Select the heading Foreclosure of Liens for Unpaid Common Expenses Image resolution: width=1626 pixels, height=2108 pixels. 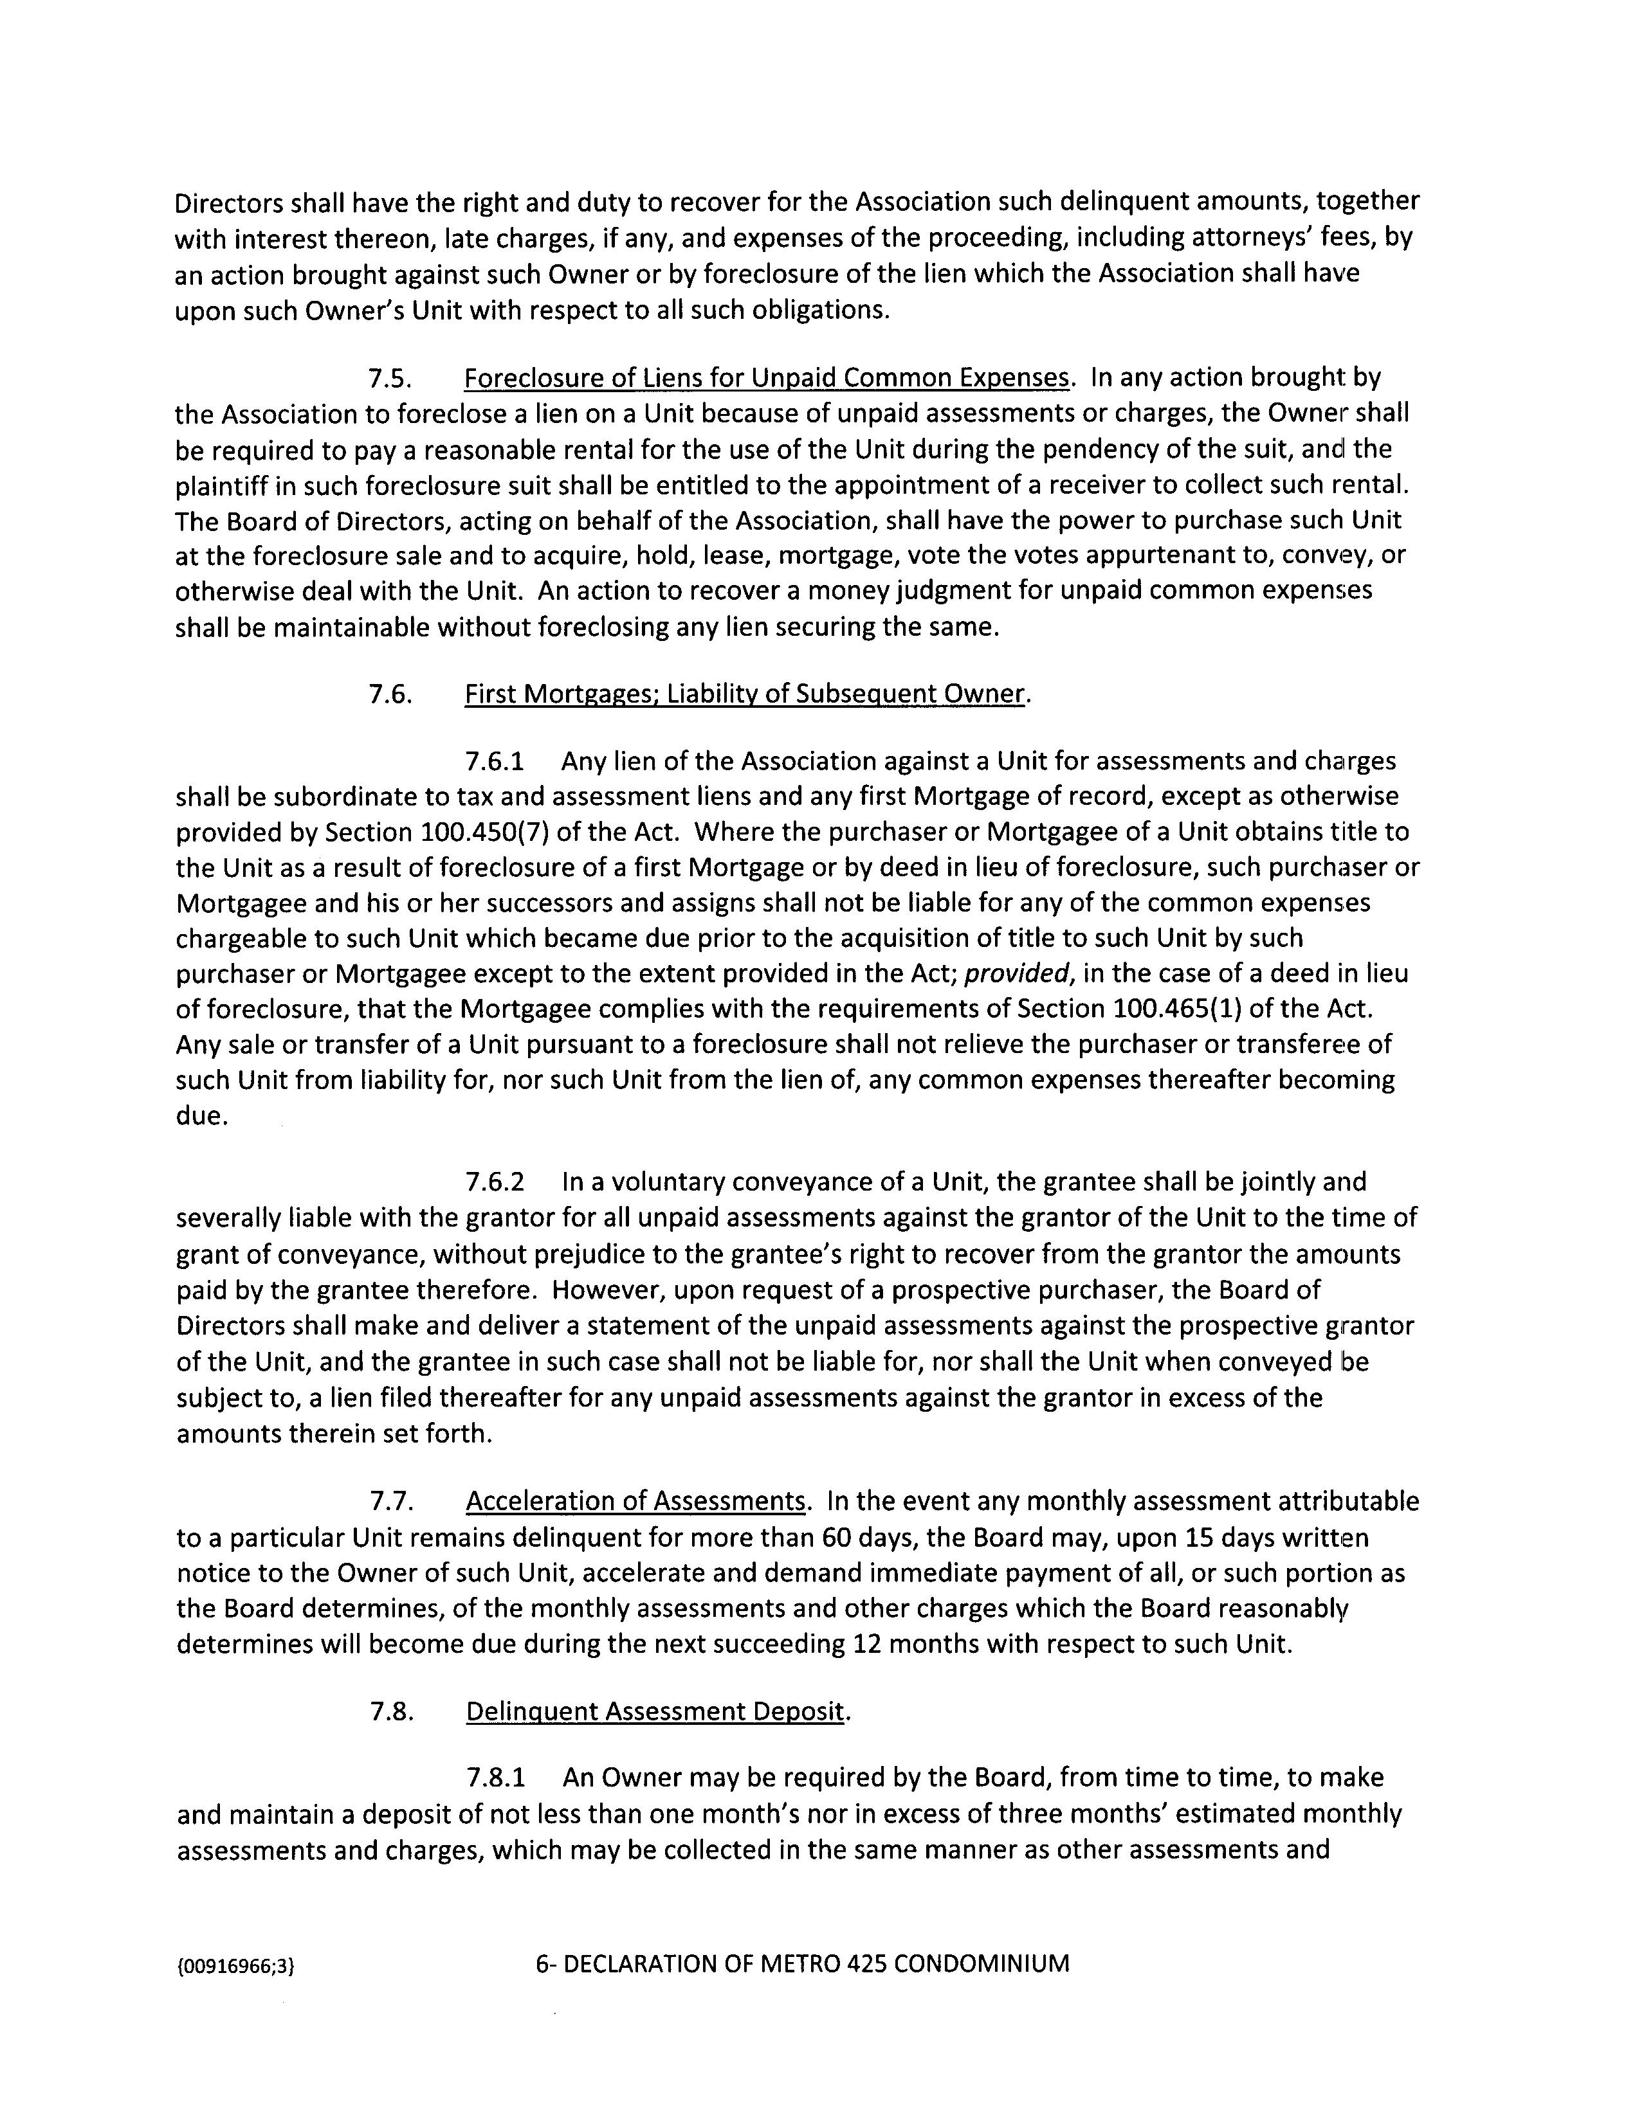tap(767, 379)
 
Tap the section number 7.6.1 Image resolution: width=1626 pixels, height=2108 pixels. tap(495, 762)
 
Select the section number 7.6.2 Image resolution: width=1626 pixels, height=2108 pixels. tap(495, 1182)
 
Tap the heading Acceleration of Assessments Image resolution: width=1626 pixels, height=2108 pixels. tap(635, 1502)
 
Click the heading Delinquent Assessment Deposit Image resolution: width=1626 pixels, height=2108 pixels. tap(655, 1711)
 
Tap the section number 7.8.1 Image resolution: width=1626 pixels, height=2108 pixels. tap(495, 1778)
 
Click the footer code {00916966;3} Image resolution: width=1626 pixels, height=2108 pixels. tap(235, 1965)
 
